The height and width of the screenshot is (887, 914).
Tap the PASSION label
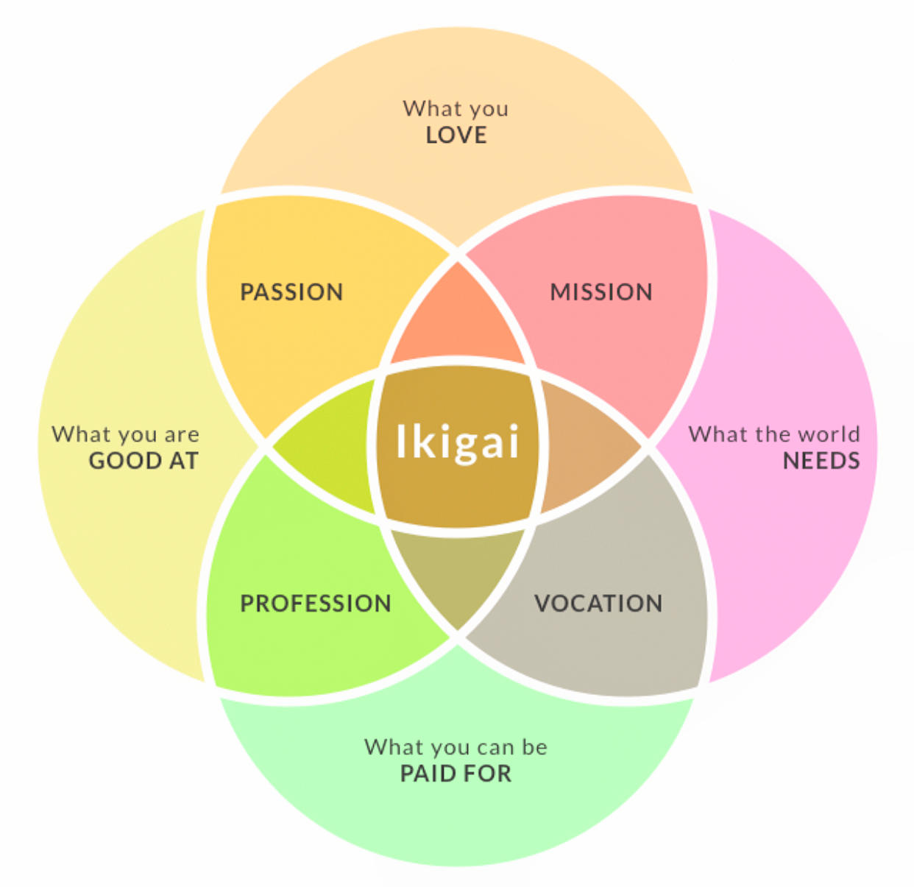291,291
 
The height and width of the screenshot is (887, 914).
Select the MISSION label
601,291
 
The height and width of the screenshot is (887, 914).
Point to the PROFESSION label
316,604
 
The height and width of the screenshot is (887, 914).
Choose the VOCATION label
598,604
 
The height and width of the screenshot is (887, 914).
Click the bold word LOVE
456,135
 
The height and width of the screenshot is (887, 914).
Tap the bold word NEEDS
821,461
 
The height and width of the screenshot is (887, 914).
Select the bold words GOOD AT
144,461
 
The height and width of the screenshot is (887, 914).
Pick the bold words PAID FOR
456,774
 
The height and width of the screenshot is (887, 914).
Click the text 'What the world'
774,434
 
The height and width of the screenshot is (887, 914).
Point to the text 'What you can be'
456,747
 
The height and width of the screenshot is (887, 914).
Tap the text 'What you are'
125,434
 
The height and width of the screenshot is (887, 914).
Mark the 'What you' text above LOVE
456,109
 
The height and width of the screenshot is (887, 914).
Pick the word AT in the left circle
184,461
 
